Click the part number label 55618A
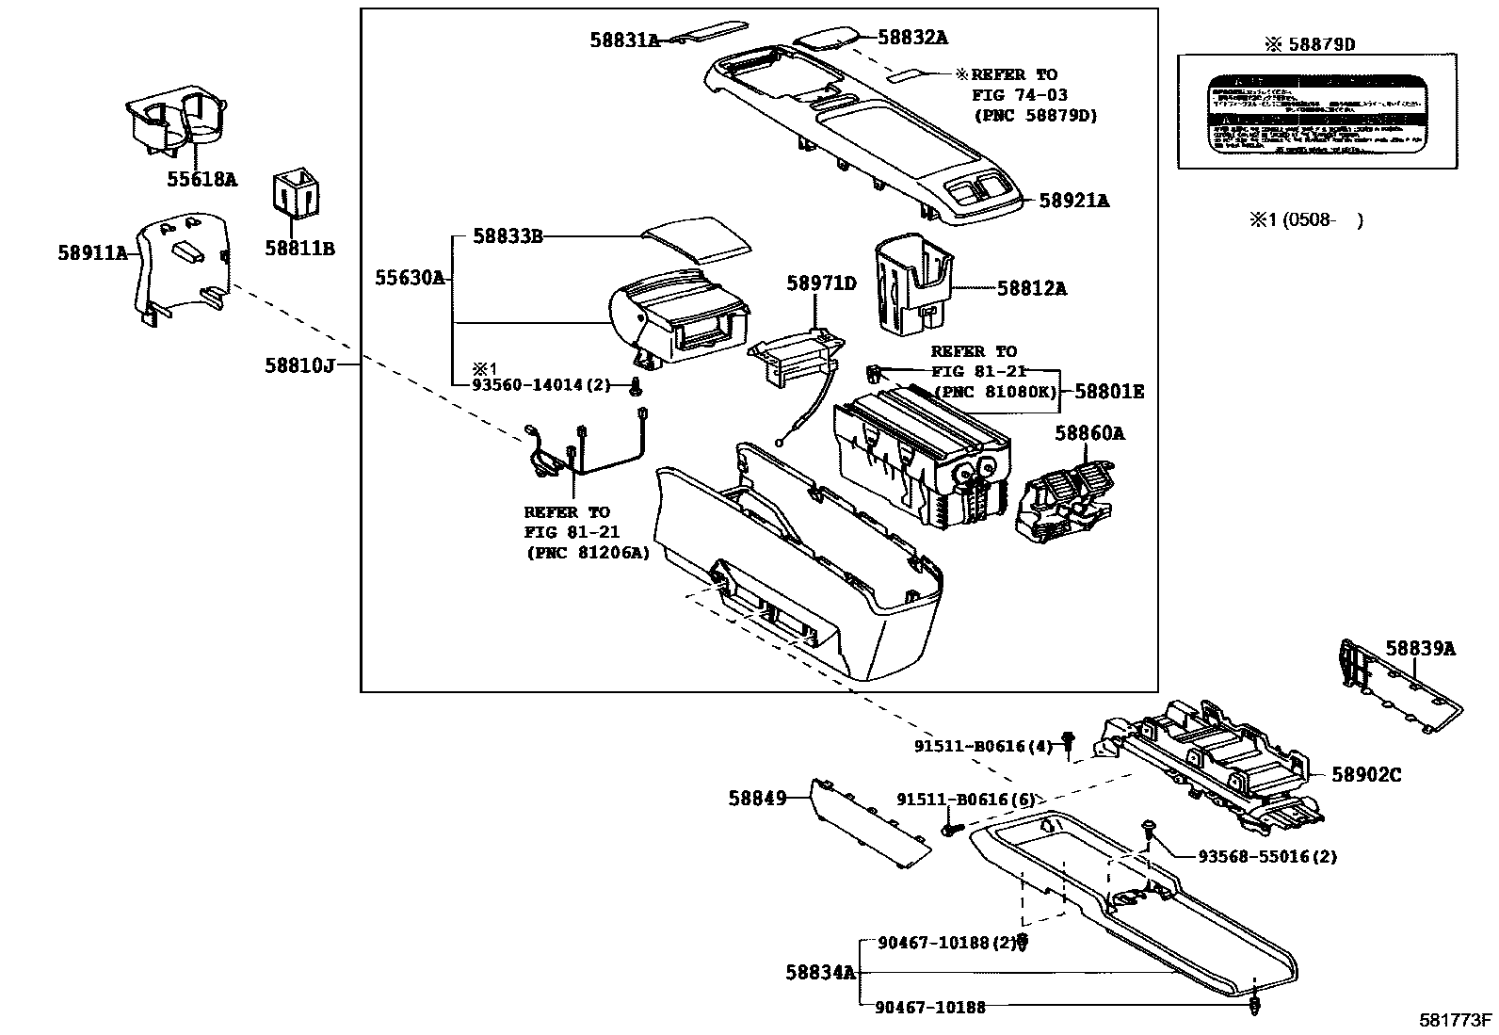[x=201, y=178]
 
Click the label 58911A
[x=92, y=252]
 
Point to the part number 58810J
[x=299, y=365]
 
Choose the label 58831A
[x=625, y=40]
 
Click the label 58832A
[x=912, y=38]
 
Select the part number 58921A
[x=1073, y=201]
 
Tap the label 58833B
[x=508, y=236]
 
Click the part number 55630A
[x=410, y=278]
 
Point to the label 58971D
[x=821, y=283]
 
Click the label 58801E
[x=1109, y=391]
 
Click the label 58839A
[x=1420, y=648]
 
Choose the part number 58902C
[x=1366, y=775]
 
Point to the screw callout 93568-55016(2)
[x=1267, y=857]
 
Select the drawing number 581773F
[x=1457, y=1020]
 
